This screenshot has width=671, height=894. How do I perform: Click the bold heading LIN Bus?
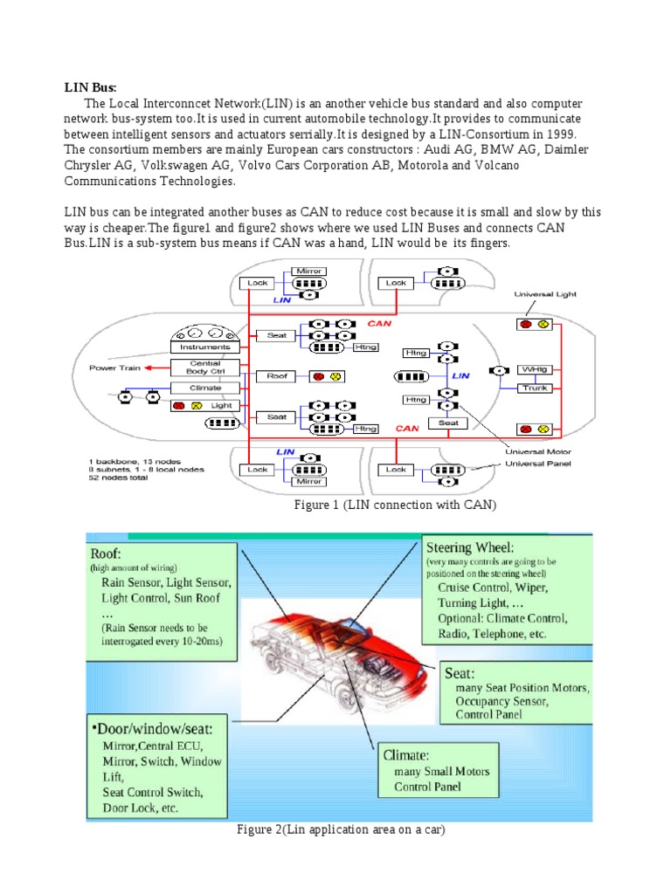pyautogui.click(x=90, y=87)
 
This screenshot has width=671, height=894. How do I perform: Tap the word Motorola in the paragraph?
pyautogui.click(x=425, y=165)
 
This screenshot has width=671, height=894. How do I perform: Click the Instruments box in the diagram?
pyautogui.click(x=205, y=347)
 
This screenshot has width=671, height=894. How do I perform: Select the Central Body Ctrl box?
pyautogui.click(x=205, y=368)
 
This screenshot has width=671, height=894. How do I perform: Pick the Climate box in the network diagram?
pyautogui.click(x=205, y=388)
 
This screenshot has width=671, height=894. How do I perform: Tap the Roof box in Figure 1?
pyautogui.click(x=277, y=375)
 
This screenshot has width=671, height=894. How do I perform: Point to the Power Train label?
pyautogui.click(x=114, y=368)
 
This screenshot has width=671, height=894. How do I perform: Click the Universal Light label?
pyautogui.click(x=546, y=295)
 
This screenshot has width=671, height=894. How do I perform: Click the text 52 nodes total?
pyautogui.click(x=120, y=478)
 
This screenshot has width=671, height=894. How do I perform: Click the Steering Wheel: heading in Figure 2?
pyautogui.click(x=470, y=547)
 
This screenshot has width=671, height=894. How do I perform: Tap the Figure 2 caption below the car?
pyautogui.click(x=341, y=829)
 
